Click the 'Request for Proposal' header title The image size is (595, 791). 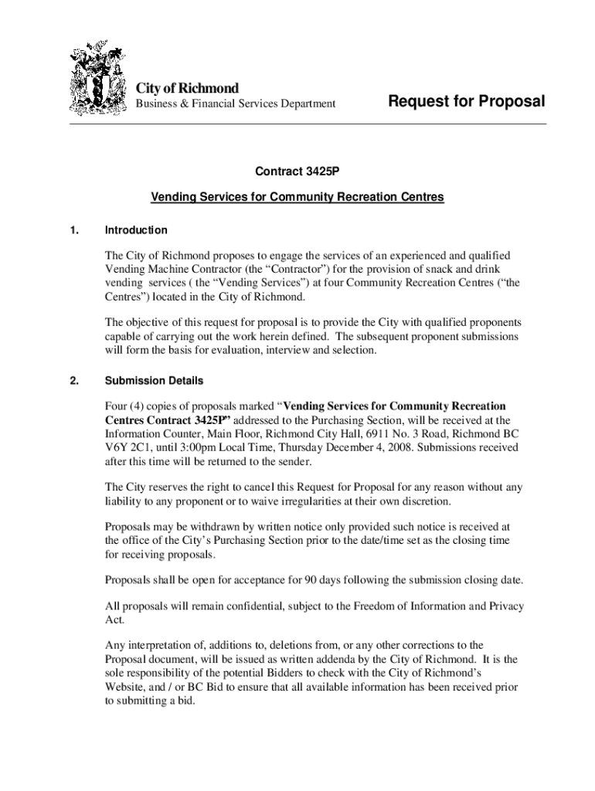pos(466,101)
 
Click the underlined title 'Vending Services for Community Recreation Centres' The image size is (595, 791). pos(297,197)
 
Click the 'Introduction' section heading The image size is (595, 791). pos(136,230)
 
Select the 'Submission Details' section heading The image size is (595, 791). pos(155,381)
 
